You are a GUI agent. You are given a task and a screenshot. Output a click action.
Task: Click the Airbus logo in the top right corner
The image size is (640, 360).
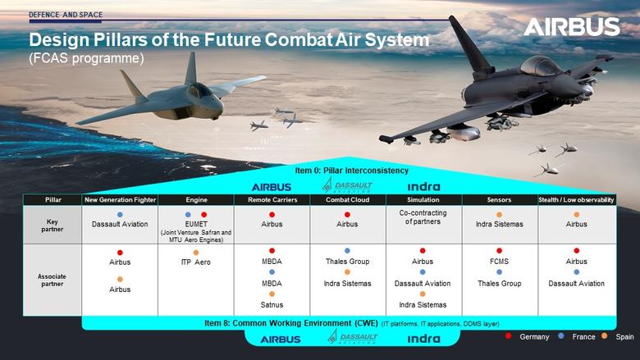pyautogui.click(x=572, y=28)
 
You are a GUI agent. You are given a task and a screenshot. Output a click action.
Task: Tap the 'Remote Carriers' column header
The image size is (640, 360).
pyautogui.click(x=271, y=199)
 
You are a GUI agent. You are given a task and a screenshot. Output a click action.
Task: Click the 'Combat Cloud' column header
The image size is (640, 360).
pyautogui.click(x=347, y=199)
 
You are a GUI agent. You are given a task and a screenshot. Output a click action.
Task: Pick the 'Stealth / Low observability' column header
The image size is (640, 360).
pyautogui.click(x=576, y=199)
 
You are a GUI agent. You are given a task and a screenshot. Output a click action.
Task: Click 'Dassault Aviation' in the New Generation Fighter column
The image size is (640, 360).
pyautogui.click(x=120, y=224)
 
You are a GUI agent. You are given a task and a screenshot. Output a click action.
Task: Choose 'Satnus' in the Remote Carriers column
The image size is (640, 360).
pyautogui.click(x=271, y=304)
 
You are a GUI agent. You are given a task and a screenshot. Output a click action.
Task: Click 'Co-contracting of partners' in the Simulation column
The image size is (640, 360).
pyautogui.click(x=423, y=216)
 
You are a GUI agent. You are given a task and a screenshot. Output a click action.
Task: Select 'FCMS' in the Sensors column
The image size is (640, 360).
pyautogui.click(x=499, y=262)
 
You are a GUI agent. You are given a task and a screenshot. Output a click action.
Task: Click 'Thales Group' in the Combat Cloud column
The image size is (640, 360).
pyautogui.click(x=347, y=262)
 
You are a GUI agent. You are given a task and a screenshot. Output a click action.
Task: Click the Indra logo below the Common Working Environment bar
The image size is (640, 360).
pyautogui.click(x=423, y=339)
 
